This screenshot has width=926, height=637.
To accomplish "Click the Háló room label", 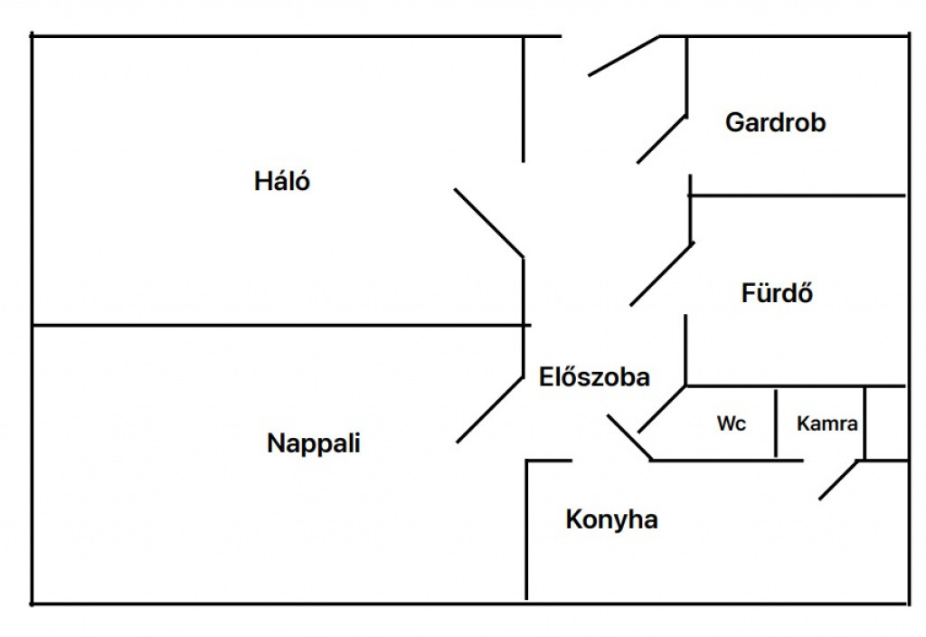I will click(282, 181).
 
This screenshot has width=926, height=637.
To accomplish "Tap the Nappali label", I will click(314, 443).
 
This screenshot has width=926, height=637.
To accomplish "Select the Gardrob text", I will click(775, 123).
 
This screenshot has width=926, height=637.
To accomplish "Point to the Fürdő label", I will click(777, 294).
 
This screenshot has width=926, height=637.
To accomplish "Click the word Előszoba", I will click(594, 376).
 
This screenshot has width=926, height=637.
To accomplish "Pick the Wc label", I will click(732, 423).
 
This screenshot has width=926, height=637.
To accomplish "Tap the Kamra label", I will click(827, 423).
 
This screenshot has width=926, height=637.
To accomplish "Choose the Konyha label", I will click(611, 520).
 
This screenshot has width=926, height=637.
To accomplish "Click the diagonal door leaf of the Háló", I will click(488, 223).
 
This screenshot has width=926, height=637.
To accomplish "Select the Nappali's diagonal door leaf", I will click(490, 409).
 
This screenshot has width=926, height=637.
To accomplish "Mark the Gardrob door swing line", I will click(661, 138).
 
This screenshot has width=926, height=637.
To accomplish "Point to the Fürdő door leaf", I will click(661, 274).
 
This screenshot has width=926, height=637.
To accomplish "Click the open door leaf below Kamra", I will click(838, 480).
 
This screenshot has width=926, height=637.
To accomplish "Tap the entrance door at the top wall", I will click(624, 55).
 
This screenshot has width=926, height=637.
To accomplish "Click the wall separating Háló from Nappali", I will click(271, 324).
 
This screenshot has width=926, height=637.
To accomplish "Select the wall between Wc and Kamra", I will click(776, 423).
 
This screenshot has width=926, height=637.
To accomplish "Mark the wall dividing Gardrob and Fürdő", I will click(796, 195).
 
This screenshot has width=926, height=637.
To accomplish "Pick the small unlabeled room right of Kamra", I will click(886, 423).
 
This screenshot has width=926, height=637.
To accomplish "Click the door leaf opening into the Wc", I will click(662, 410).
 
